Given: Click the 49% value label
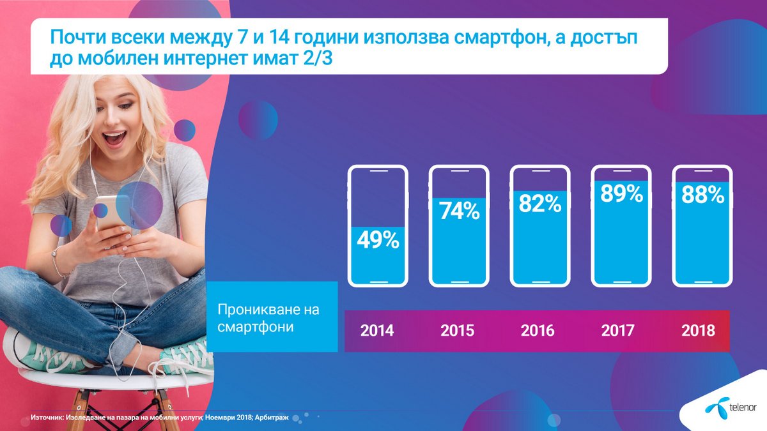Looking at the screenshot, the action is (378, 240).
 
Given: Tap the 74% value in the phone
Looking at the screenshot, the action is (459, 211).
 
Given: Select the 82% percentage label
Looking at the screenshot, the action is (540, 204).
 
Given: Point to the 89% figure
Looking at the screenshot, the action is (621, 193).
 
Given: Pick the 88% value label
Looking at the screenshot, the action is (702, 195).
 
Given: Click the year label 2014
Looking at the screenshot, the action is (377, 331).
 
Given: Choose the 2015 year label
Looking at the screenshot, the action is (457, 331).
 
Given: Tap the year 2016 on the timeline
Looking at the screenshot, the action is (538, 331).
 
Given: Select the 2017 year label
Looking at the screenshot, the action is (617, 331).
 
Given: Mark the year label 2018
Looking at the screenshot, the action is (698, 331).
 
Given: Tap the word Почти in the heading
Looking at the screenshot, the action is (77, 37).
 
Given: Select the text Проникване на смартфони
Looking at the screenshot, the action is (268, 318).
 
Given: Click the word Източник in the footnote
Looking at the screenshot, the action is (47, 418).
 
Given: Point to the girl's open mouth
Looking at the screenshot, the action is (114, 138).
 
